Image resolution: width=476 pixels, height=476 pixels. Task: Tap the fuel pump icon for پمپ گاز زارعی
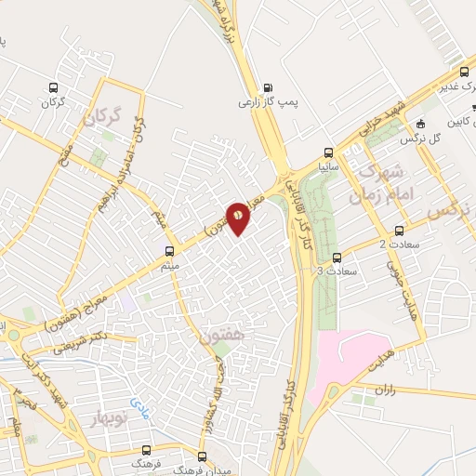[269, 86]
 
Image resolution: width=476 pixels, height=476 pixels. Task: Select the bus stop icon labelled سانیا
[328, 152]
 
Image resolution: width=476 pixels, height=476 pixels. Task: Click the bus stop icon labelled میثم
[169, 251]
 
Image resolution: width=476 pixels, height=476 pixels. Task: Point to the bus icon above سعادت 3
[337, 258]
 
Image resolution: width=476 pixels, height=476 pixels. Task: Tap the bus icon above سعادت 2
[400, 231]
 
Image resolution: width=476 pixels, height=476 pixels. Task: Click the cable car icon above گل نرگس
[421, 124]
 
